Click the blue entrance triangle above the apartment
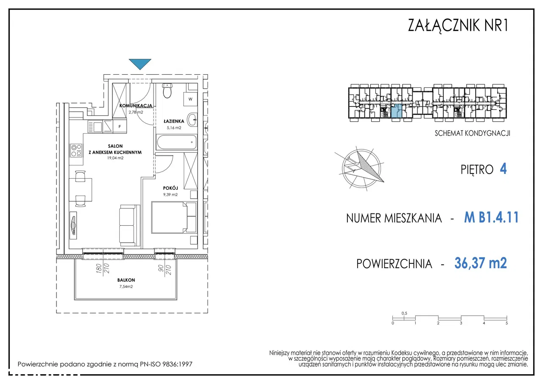pyautogui.click(x=140, y=63)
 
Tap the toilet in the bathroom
pyautogui.click(x=167, y=91)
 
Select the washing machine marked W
pyautogui.click(x=190, y=99)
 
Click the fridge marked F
pyautogui.click(x=120, y=126)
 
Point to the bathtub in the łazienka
pyautogui.click(x=176, y=142)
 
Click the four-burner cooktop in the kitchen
pyautogui.click(x=76, y=150)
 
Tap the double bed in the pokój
pyautogui.click(x=174, y=217)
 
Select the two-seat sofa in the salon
pyautogui.click(x=130, y=226)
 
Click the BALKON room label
pyautogui.click(x=126, y=280)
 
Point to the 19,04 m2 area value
pyautogui.click(x=115, y=158)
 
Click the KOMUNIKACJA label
pyautogui.click(x=136, y=106)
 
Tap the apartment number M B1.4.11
pyautogui.click(x=491, y=217)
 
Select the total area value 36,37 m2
pyautogui.click(x=481, y=263)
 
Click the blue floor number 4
pyautogui.click(x=503, y=169)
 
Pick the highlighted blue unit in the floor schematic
pyautogui.click(x=396, y=111)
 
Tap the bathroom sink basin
pyautogui.click(x=193, y=119)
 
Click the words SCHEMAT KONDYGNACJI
pyautogui.click(x=472, y=133)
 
